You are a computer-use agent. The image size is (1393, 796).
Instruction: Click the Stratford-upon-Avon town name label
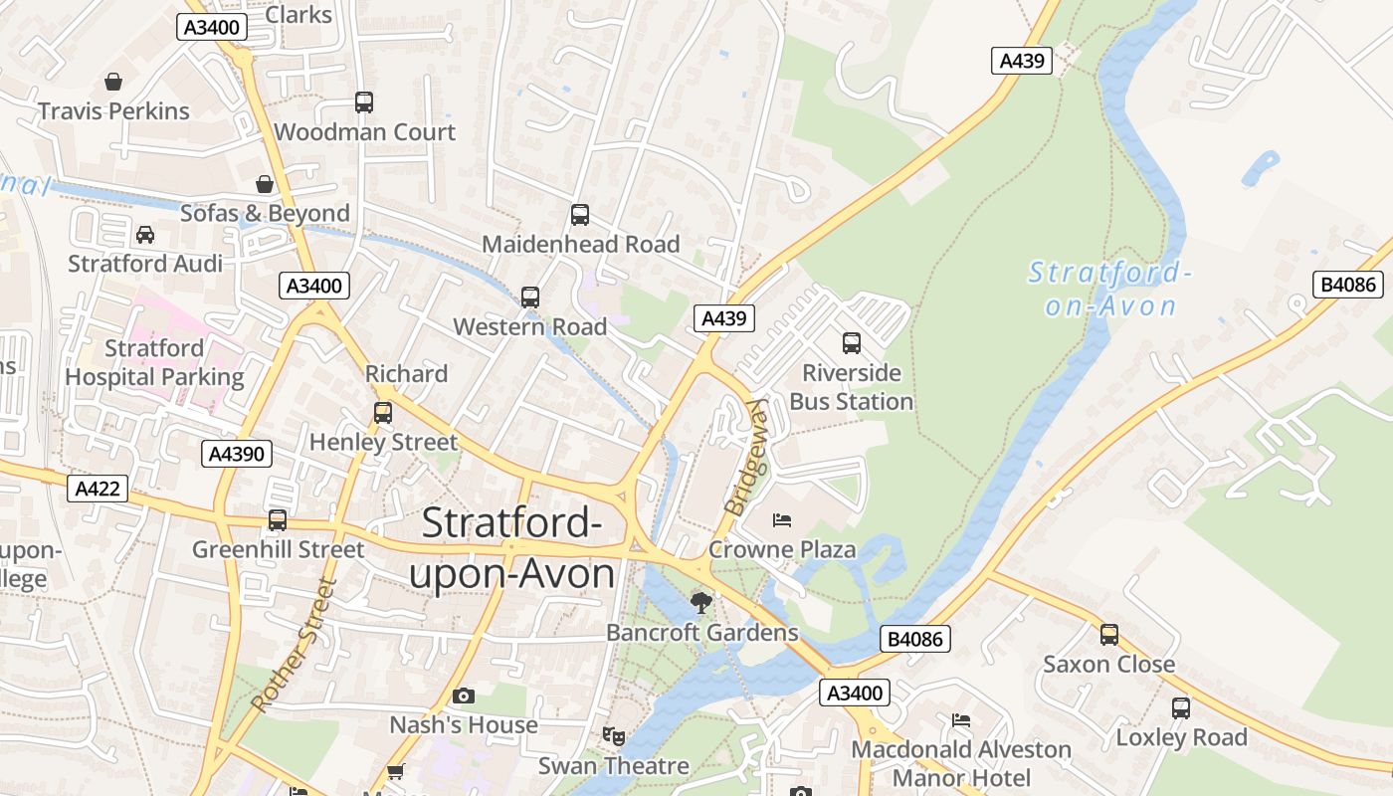512,549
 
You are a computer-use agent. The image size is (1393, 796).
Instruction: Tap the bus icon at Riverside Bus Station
852,343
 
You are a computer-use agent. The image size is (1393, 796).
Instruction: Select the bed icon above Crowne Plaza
782,520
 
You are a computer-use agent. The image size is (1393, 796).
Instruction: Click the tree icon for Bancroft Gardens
701,602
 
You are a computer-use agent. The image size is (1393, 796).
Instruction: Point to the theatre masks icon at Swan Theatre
613,736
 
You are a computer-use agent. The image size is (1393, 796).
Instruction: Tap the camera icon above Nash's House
463,696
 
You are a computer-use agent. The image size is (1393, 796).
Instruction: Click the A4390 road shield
236,455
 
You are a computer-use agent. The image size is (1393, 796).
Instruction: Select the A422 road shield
98,489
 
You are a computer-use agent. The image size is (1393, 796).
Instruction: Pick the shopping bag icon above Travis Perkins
113,82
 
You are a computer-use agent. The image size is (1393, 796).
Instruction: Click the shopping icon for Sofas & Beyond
265,184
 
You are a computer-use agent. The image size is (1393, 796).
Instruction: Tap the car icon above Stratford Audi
145,235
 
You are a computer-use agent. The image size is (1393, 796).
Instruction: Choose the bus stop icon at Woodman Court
364,101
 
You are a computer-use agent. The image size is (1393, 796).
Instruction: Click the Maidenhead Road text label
580,244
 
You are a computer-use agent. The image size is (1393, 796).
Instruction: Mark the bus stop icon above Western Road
530,297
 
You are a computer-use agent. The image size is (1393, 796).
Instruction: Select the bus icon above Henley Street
383,412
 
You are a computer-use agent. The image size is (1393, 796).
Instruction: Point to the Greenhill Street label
278,549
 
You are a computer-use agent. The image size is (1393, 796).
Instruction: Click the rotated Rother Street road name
295,645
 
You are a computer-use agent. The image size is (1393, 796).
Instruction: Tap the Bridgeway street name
747,457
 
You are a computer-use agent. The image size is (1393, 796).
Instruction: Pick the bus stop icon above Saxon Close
1108,634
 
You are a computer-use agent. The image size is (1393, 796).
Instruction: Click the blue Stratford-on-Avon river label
1109,289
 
